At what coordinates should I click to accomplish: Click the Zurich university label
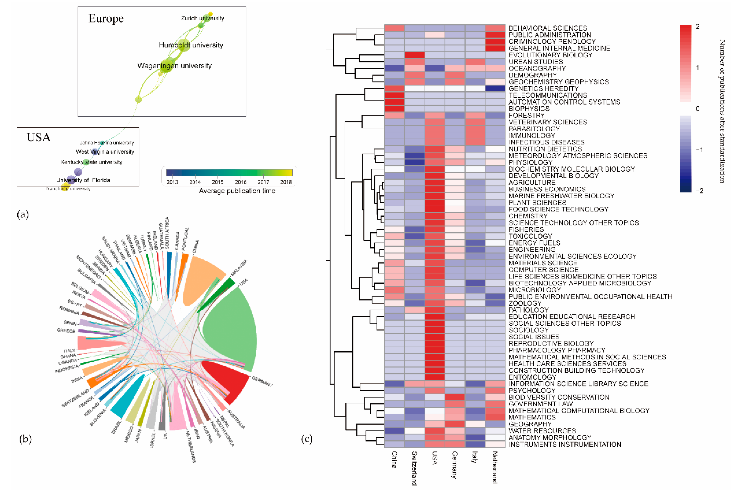coord(202,18)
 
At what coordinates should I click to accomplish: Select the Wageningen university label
coord(174,66)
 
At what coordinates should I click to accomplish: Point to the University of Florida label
coord(83,180)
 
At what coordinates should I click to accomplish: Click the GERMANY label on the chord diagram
coord(262,381)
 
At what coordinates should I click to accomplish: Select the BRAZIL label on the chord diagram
coord(116,427)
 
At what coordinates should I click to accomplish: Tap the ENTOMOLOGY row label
coord(532,377)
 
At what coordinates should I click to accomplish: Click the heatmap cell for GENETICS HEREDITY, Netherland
coord(495,88)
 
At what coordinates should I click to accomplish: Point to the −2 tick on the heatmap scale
coord(699,191)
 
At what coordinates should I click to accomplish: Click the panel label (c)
coord(307,439)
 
